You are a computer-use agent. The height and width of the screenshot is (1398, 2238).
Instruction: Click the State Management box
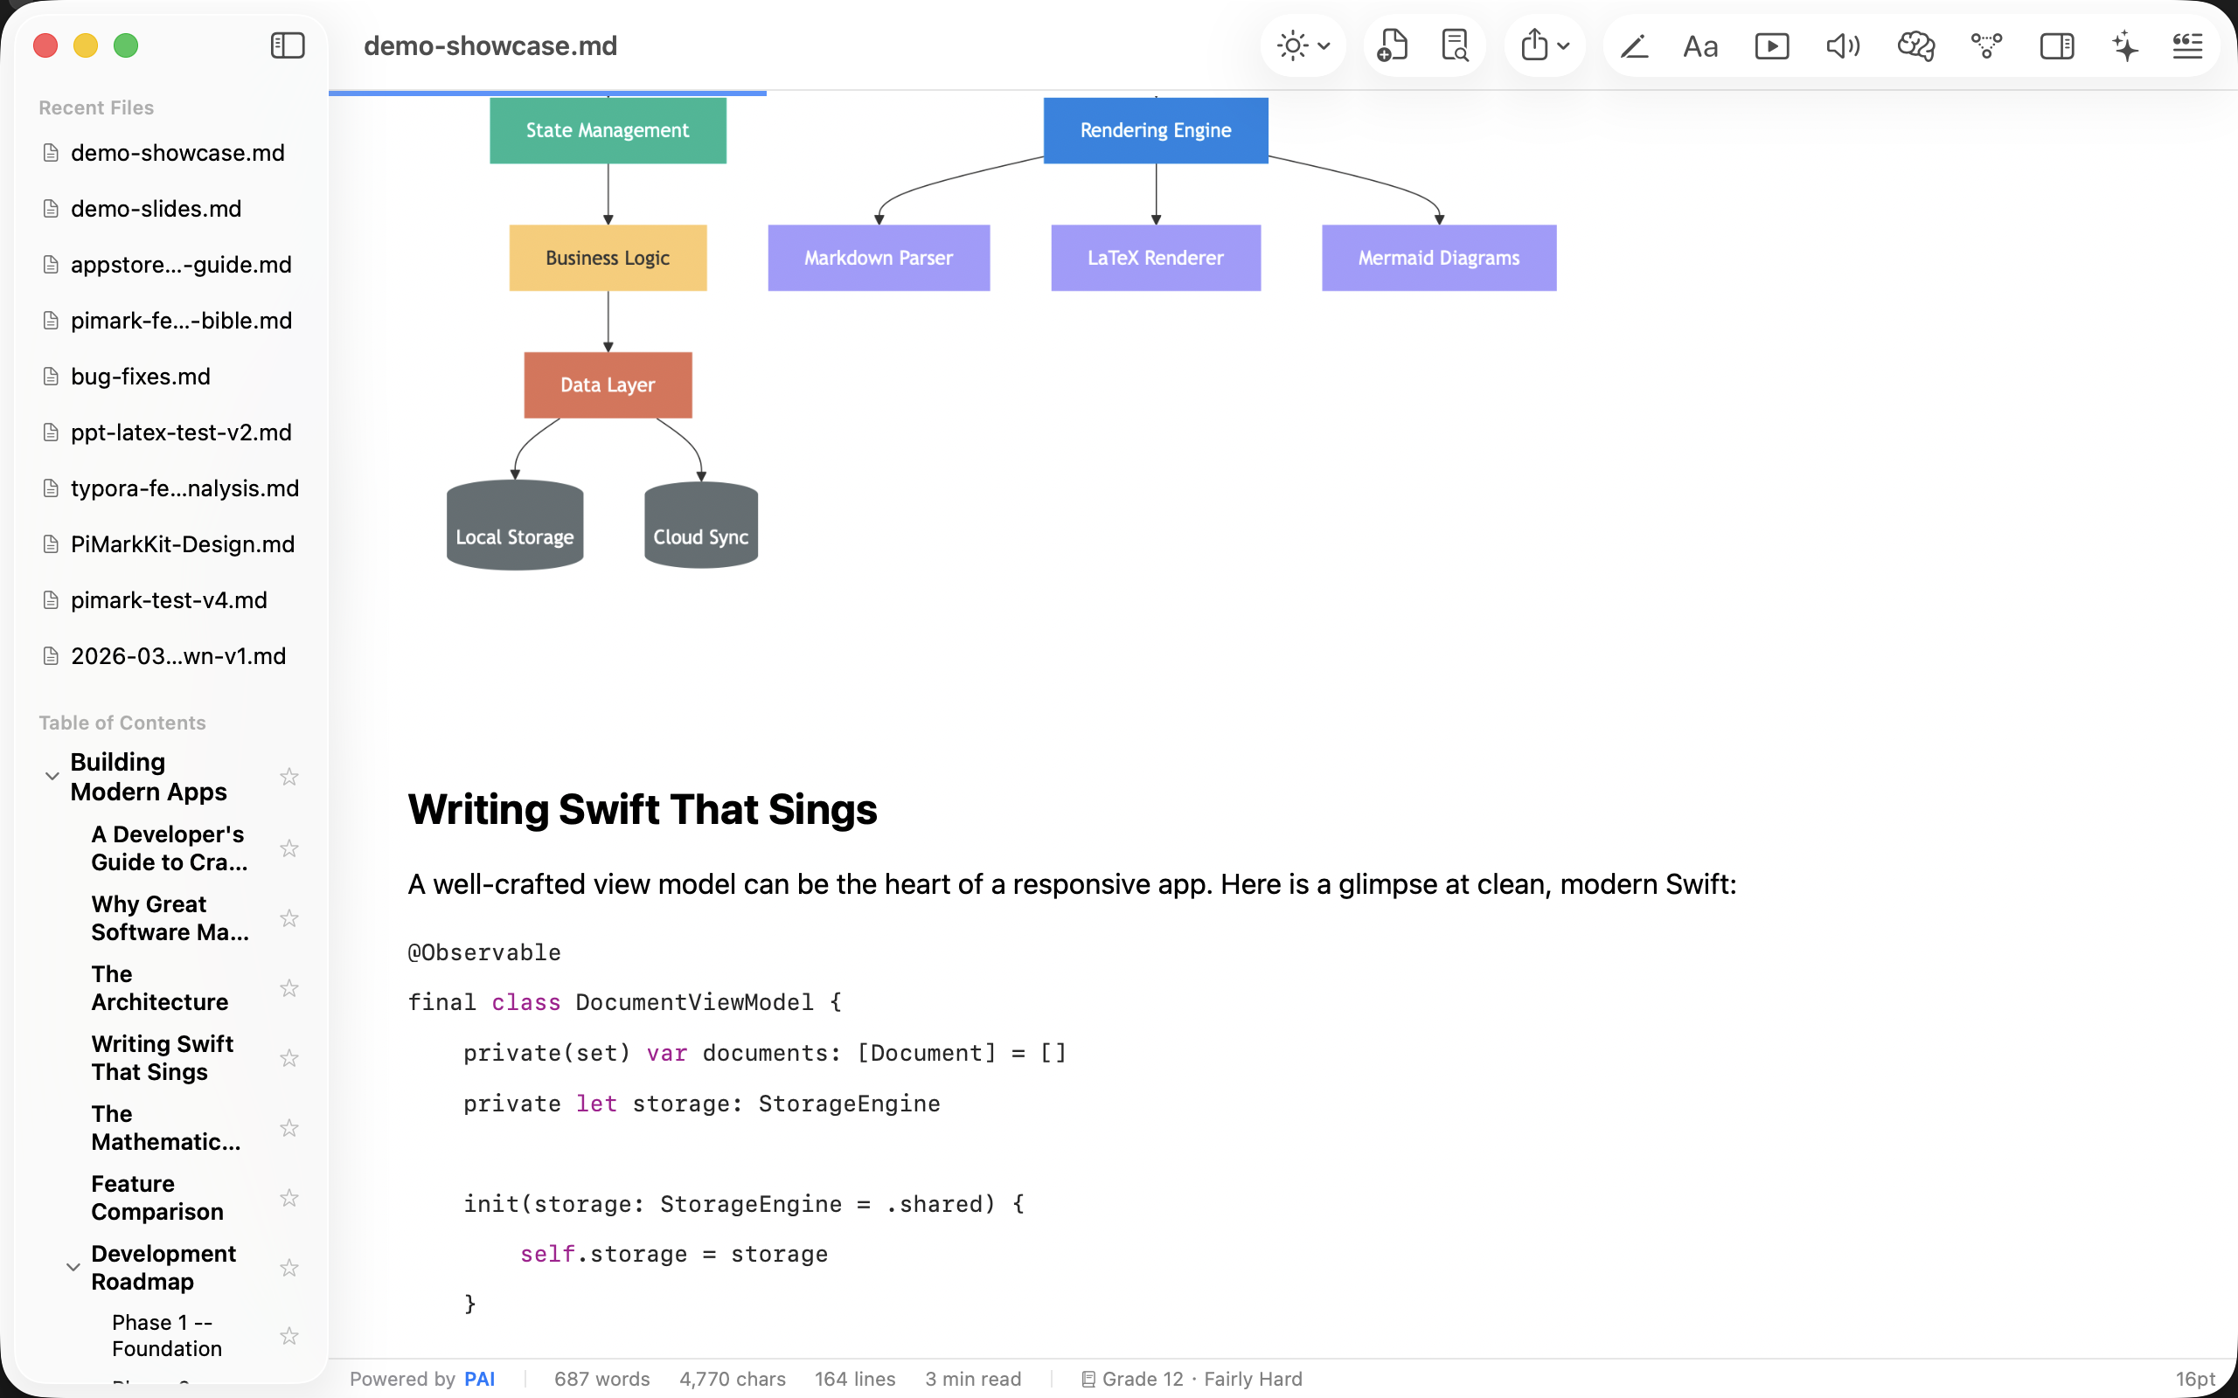click(x=608, y=130)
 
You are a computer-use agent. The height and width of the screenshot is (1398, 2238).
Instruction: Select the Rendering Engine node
click(x=1155, y=130)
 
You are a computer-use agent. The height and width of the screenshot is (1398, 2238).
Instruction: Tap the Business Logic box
click(x=608, y=258)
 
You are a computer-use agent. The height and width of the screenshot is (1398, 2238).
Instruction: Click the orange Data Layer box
click(x=608, y=384)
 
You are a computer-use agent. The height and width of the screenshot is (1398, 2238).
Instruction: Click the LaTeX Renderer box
click(x=1155, y=258)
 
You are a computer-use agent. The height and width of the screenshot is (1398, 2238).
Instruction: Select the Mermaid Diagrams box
click(x=1438, y=258)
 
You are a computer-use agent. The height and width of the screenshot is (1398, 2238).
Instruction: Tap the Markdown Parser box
click(x=878, y=258)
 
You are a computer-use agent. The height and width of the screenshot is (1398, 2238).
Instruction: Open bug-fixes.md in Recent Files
click(x=141, y=377)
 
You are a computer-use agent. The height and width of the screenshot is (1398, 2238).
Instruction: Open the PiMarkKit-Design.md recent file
click(x=182, y=543)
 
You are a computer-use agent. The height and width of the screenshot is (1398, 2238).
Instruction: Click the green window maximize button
click(x=126, y=45)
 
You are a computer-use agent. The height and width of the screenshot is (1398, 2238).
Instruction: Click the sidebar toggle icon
click(x=288, y=45)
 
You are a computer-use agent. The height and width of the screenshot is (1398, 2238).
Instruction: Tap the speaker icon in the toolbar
click(x=1842, y=45)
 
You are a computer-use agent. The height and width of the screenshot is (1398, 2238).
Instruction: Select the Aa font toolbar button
click(x=1699, y=46)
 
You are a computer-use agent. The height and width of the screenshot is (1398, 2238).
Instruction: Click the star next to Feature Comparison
click(x=289, y=1197)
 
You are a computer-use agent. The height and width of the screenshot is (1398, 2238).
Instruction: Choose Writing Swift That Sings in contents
click(x=162, y=1058)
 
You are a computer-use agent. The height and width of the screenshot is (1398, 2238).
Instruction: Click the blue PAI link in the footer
click(x=479, y=1379)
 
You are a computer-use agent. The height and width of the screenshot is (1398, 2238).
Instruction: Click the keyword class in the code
click(x=525, y=1002)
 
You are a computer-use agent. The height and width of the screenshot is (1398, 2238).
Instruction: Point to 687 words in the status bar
click(x=602, y=1379)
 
